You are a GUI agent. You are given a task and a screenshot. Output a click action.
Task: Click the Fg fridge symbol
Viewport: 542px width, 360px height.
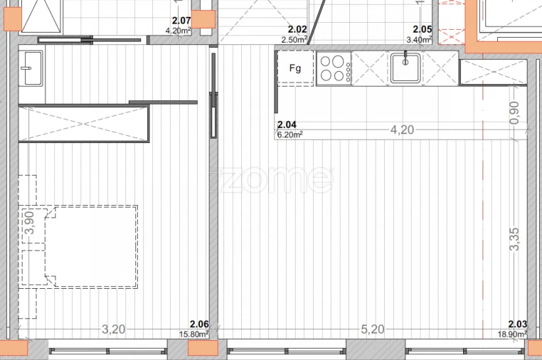click(295, 69)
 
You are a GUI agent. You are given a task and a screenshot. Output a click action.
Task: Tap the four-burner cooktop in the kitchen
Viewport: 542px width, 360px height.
click(334, 69)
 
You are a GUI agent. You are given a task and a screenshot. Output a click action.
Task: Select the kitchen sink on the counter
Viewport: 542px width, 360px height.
click(405, 68)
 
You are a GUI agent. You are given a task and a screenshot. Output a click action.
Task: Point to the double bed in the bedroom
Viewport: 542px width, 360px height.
click(91, 247)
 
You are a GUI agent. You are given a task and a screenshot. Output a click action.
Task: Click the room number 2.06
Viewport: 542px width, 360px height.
click(198, 324)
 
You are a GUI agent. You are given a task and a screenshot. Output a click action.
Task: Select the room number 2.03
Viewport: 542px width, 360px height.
click(517, 324)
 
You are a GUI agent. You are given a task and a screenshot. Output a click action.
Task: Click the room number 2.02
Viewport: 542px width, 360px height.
click(297, 30)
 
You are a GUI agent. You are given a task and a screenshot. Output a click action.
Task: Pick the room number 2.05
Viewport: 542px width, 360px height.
click(423, 30)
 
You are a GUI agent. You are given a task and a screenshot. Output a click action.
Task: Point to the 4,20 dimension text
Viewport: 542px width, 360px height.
click(403, 129)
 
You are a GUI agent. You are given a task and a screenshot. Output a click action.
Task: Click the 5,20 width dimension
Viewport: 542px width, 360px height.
click(373, 329)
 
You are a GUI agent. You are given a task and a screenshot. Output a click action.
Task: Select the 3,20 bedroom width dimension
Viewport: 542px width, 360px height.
click(114, 329)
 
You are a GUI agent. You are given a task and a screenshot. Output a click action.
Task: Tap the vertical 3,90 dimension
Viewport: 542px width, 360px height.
click(29, 223)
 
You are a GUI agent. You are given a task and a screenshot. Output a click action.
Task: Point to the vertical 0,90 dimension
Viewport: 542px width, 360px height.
click(515, 112)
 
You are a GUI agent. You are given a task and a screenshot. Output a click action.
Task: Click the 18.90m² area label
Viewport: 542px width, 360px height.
click(512, 333)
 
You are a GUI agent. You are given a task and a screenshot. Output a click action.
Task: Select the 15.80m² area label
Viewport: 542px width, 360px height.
click(193, 333)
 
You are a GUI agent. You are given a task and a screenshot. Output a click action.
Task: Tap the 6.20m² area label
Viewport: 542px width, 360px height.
click(290, 134)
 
